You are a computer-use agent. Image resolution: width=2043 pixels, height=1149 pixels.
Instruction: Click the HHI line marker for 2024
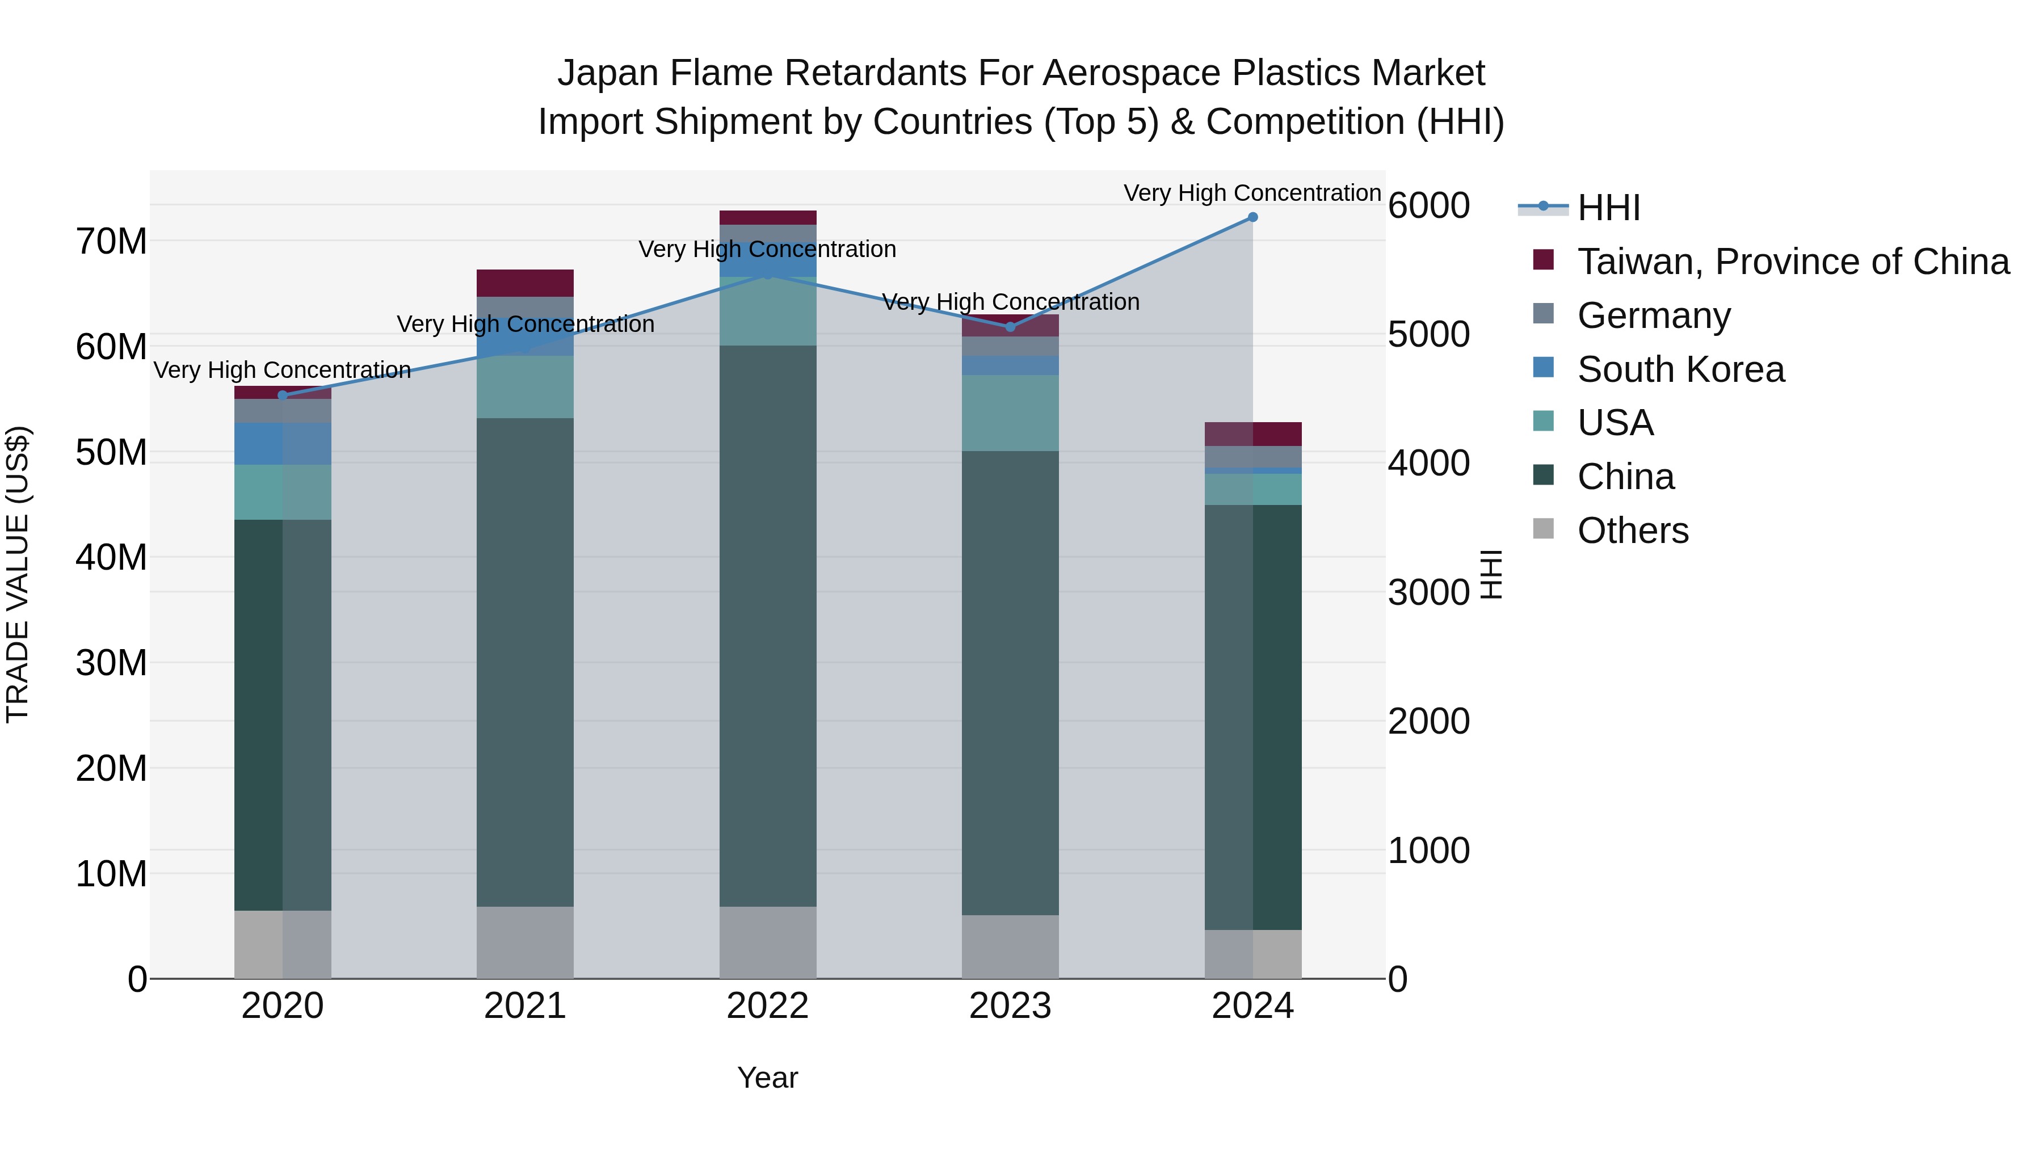(x=1252, y=217)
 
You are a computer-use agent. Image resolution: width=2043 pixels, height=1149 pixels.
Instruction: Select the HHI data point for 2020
(x=283, y=395)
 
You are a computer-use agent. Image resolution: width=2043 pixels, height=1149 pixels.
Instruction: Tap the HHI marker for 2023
(x=1010, y=327)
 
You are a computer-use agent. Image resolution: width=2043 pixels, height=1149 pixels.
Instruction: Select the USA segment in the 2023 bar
(x=1010, y=413)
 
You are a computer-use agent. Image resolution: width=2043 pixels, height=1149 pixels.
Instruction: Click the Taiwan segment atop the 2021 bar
(x=524, y=283)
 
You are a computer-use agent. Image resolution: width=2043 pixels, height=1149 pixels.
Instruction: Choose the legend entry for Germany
(x=1654, y=315)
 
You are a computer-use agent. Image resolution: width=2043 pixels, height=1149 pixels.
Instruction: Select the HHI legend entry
(x=1608, y=208)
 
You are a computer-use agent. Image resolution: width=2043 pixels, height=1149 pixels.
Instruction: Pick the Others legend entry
(x=1633, y=531)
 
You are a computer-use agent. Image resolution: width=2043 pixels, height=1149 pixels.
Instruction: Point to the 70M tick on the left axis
(x=111, y=241)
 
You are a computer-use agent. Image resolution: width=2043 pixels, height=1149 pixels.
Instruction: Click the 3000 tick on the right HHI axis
(x=1428, y=592)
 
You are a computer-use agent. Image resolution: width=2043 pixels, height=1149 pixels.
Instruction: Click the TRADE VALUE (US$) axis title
(x=18, y=574)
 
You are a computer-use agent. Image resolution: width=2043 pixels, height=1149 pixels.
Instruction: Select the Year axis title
(x=767, y=1078)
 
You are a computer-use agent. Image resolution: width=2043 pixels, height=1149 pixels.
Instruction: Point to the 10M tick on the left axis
(x=111, y=874)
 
